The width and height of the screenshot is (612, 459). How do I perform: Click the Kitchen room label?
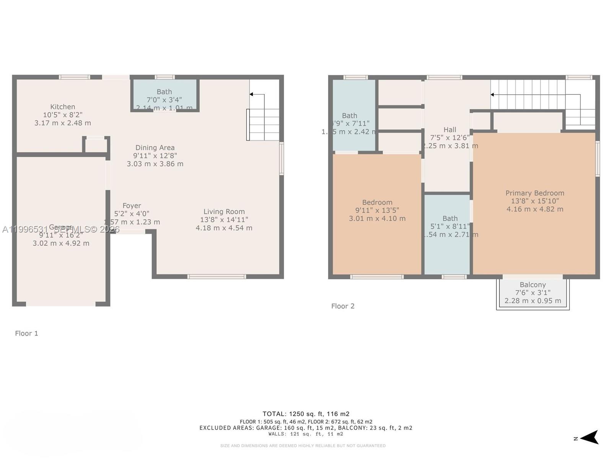(63, 107)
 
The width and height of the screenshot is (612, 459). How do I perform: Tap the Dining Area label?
(155, 148)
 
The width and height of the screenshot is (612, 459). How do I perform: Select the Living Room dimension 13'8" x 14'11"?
(224, 220)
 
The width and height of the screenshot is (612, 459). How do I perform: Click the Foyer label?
(132, 206)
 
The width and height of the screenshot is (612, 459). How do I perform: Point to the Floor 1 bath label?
(164, 92)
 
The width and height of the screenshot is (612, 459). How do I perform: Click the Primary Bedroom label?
(535, 193)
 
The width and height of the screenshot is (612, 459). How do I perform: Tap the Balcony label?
(532, 285)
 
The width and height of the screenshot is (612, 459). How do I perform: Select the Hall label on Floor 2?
(450, 130)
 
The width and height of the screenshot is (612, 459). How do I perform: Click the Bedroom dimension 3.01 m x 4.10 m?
(377, 218)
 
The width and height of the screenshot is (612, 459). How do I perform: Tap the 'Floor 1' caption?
(26, 333)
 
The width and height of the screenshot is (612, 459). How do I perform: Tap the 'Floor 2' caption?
(343, 306)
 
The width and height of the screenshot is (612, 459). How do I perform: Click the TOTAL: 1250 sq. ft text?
(306, 414)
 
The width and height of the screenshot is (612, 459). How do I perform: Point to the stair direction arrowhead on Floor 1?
(251, 94)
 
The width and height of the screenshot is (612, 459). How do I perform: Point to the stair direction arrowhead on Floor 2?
(493, 94)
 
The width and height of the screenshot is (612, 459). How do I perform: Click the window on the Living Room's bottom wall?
(216, 277)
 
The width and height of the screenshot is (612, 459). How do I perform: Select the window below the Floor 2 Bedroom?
(377, 277)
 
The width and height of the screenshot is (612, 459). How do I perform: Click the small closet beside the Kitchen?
(96, 145)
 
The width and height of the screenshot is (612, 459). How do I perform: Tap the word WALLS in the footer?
(277, 434)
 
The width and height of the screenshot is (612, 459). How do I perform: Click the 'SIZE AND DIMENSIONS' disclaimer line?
(303, 446)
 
